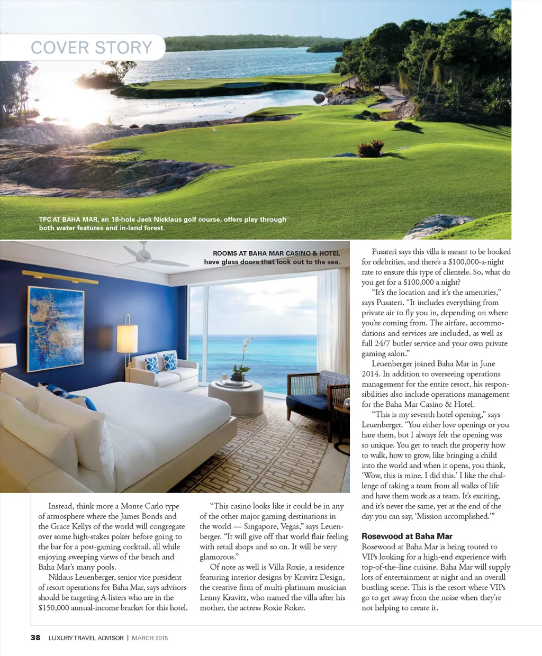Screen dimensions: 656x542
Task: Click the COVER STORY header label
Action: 92,48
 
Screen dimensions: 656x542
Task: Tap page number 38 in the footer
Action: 35,637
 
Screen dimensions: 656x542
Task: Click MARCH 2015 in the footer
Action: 150,638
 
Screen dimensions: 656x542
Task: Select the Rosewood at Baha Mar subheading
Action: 406,536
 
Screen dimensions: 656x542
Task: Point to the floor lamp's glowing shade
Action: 127,338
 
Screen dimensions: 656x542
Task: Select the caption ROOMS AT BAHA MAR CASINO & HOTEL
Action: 276,253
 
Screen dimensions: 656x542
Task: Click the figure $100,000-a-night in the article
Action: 476,262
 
